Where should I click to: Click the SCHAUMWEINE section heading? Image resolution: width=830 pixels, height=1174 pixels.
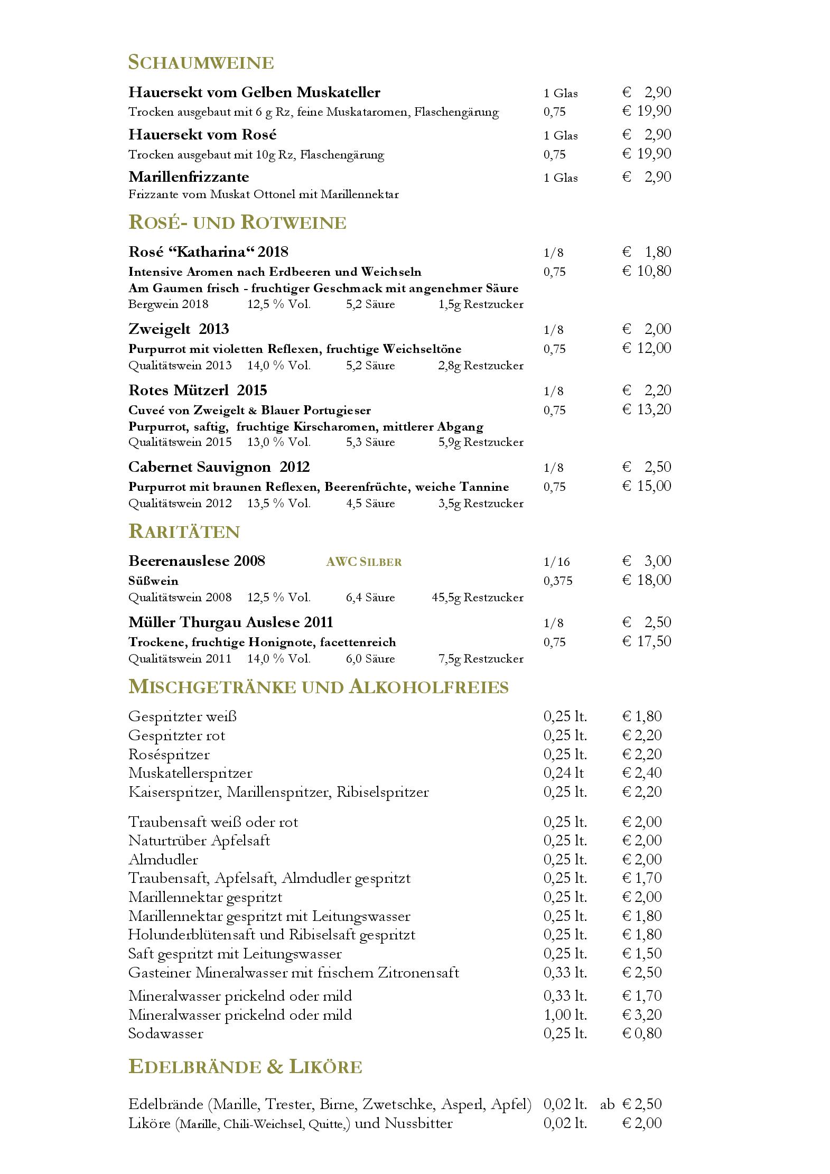(201, 62)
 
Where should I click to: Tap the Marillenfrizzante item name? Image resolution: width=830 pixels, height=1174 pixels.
(189, 176)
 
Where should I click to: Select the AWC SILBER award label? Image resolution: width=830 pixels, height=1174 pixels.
(364, 562)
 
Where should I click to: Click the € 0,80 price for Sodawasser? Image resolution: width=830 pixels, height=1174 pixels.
(642, 1033)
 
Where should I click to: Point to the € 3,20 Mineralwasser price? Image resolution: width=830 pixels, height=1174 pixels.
(642, 1014)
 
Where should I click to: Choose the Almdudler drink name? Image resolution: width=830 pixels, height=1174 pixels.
(163, 860)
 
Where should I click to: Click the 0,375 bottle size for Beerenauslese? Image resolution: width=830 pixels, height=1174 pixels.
(557, 581)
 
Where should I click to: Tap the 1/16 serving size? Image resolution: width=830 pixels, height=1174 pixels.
(556, 562)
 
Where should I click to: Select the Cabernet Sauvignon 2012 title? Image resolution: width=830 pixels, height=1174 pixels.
(219, 467)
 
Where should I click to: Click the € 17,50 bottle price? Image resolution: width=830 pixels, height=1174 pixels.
(647, 641)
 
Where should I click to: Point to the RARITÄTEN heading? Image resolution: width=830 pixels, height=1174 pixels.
(184, 532)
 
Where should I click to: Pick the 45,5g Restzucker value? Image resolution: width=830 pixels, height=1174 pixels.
(477, 598)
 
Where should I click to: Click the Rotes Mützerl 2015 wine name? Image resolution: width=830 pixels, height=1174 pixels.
(198, 390)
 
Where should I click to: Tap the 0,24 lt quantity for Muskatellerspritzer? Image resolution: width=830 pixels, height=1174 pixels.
(563, 773)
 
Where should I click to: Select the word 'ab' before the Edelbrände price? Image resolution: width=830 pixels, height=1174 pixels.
(607, 1105)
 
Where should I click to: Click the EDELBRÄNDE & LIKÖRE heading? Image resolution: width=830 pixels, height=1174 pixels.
(245, 1067)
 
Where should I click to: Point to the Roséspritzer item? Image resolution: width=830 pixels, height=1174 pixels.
(169, 754)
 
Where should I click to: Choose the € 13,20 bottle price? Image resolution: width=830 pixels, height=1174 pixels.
(647, 409)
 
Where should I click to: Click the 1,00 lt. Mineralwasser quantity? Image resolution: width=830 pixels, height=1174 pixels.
(565, 1014)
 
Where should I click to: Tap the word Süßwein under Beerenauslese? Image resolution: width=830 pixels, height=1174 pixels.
(153, 581)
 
